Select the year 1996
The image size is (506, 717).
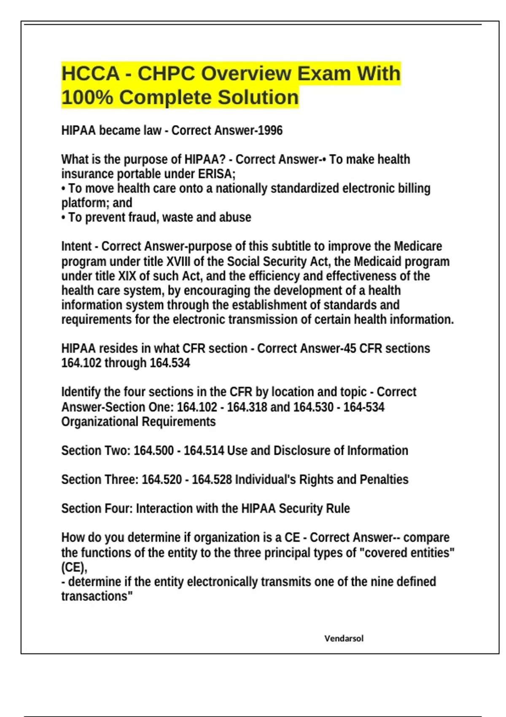point(270,130)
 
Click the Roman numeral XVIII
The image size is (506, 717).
point(178,261)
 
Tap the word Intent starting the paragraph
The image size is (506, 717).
point(76,246)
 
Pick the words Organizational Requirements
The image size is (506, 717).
point(138,422)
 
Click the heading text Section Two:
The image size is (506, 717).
point(96,450)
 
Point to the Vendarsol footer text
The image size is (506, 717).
point(344,639)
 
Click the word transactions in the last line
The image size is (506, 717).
point(95,596)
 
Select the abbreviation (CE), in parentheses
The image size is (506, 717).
point(74,567)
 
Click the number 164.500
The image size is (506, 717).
point(153,450)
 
